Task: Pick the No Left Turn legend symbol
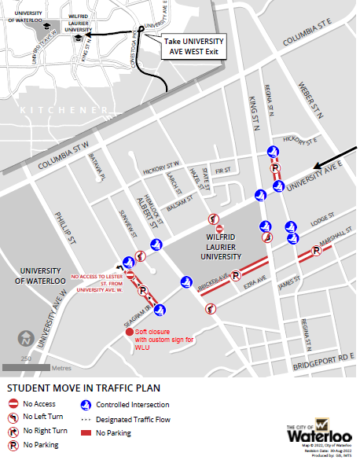point(13,417)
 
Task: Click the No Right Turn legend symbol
point(13,431)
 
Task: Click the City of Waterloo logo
point(319,430)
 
